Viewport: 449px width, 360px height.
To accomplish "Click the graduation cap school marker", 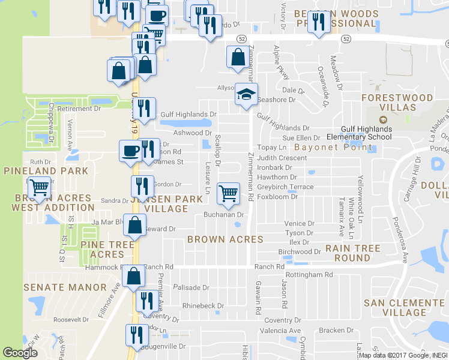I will [x=244, y=94].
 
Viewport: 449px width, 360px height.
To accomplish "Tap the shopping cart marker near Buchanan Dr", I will [x=228, y=193].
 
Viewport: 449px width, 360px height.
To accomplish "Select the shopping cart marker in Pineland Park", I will [x=40, y=188].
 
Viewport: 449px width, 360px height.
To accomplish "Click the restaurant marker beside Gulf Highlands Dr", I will [x=143, y=109].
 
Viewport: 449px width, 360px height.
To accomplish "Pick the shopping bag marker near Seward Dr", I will [x=136, y=226].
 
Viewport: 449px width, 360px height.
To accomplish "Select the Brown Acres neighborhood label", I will [x=225, y=239].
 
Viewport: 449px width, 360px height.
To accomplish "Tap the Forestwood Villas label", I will [x=402, y=103].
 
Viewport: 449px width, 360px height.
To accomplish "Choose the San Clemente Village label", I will [x=408, y=308].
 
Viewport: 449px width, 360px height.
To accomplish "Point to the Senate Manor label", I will [x=65, y=288].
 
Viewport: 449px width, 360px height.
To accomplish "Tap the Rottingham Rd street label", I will [x=309, y=275].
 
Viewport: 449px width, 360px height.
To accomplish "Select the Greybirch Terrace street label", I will [x=285, y=187].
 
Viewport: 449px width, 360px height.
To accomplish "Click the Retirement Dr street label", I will [x=79, y=109].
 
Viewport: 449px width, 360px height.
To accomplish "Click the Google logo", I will [x=20, y=353].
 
